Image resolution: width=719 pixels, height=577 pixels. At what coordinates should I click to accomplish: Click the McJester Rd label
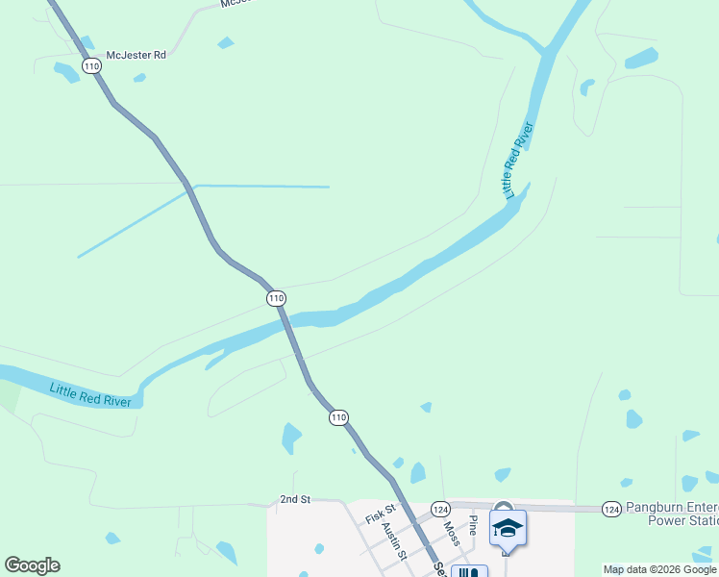pos(136,55)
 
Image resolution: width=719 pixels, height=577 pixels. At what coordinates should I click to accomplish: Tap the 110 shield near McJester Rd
pos(91,66)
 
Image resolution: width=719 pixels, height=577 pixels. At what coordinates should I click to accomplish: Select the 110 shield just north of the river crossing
pos(276,298)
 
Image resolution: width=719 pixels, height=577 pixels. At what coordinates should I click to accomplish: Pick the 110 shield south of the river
pos(338,417)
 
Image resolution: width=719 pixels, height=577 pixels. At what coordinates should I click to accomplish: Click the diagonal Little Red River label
pos(518,160)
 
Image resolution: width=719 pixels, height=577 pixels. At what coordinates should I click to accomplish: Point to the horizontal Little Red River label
pos(90,394)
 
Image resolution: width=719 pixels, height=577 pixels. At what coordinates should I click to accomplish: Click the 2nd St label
pos(295,500)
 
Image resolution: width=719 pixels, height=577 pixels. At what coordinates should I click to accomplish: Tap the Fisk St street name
pos(381,514)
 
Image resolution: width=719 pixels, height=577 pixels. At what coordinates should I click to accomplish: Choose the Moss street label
pos(451,534)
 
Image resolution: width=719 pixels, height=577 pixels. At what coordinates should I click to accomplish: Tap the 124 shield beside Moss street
pos(440,508)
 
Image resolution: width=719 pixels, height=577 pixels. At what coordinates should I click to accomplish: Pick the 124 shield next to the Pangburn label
pos(610,508)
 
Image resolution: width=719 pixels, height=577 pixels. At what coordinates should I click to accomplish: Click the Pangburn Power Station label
pos(671,514)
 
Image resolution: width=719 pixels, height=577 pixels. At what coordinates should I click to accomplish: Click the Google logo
pos(32,565)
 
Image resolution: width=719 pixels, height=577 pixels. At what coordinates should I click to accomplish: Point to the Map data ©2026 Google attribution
pos(660,569)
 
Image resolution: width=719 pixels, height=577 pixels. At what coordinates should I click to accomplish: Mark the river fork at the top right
pos(548,51)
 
